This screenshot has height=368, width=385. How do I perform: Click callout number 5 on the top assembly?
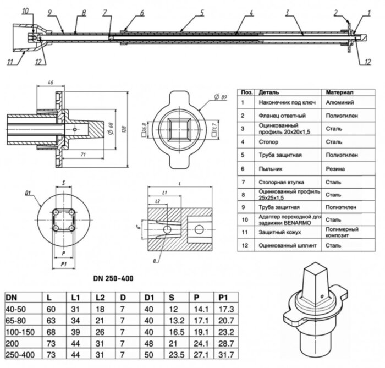(202, 12)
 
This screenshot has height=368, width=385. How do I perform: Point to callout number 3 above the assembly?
(287, 12)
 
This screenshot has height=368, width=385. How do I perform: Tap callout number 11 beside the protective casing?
(10, 61)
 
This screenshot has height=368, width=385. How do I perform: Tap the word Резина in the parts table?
(335, 168)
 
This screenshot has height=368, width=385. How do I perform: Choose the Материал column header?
(339, 91)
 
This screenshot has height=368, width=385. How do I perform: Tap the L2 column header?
(99, 297)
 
